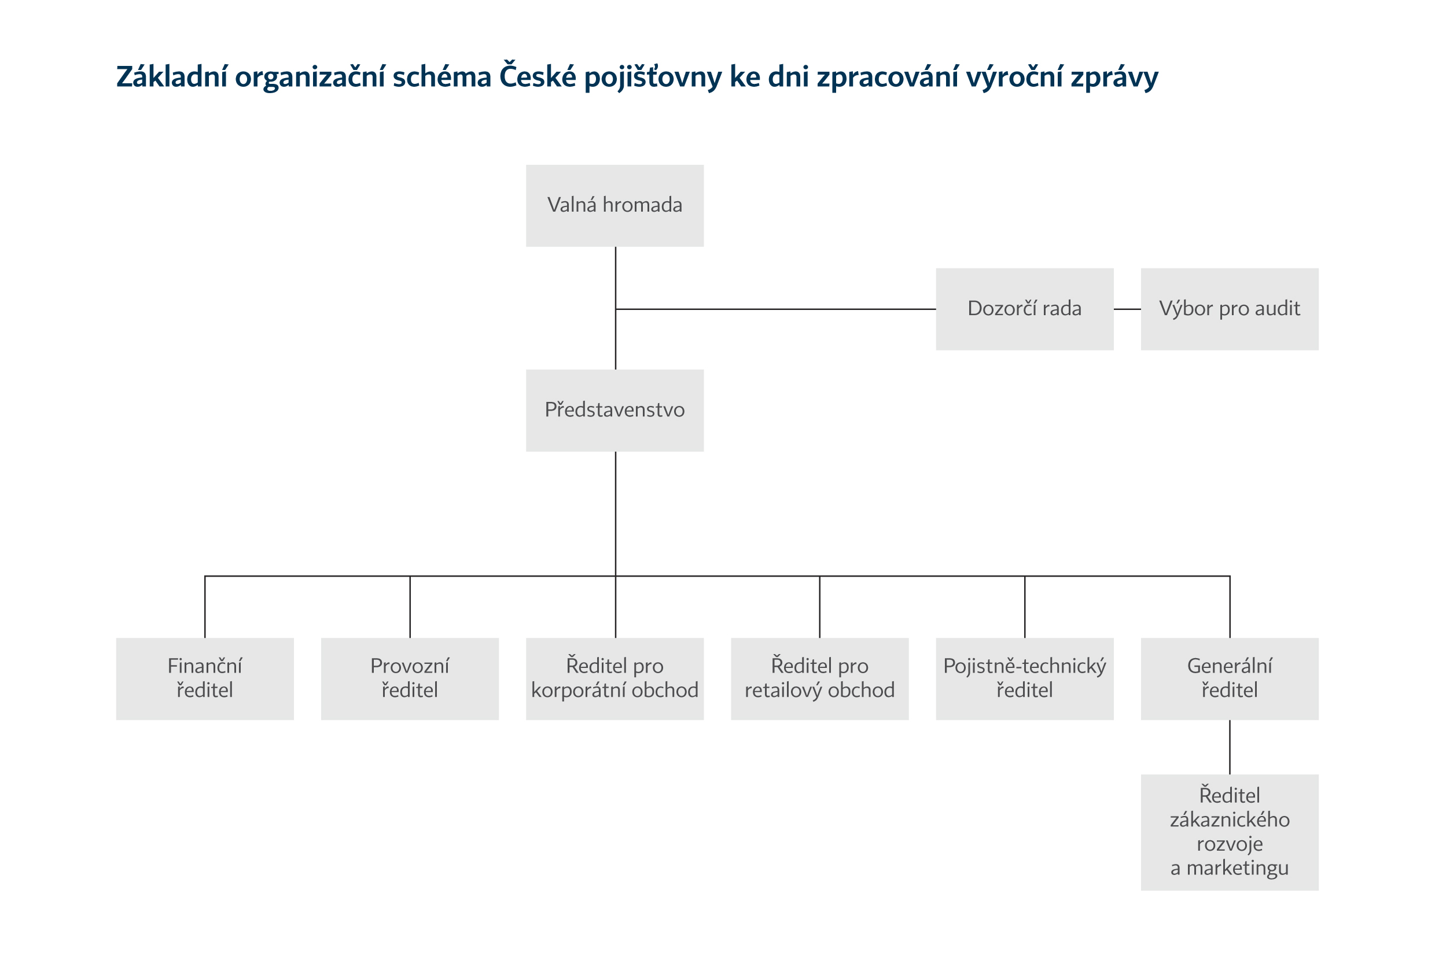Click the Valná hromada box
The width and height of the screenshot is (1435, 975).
click(x=615, y=205)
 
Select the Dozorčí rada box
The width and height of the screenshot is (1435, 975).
click(x=1024, y=309)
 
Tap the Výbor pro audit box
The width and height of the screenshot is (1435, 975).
click(x=1230, y=309)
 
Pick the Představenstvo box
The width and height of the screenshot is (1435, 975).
click(x=615, y=411)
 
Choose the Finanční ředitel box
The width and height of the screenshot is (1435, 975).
click(x=204, y=679)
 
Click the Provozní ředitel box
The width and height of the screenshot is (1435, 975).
click(x=410, y=679)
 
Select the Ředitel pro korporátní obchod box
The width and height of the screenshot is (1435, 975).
click(x=615, y=679)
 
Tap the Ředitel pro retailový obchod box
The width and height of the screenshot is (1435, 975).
click(x=819, y=679)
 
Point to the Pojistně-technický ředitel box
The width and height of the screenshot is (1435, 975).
click(x=1024, y=679)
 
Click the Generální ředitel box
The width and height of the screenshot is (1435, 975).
click(x=1230, y=679)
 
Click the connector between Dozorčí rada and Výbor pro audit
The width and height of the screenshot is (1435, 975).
click(x=1127, y=309)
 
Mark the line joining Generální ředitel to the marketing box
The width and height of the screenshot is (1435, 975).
click(x=1230, y=747)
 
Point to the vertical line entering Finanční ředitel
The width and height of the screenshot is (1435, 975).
click(x=205, y=608)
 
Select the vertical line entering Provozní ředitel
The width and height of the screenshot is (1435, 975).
click(x=410, y=608)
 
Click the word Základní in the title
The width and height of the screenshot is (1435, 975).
click(x=172, y=77)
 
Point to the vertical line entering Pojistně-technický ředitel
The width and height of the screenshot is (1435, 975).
click(x=1025, y=608)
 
